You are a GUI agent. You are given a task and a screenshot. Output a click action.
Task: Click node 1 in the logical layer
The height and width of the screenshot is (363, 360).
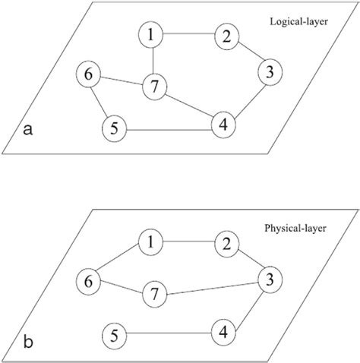153,35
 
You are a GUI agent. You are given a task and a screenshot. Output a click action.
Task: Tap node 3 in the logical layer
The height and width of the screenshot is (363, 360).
268,74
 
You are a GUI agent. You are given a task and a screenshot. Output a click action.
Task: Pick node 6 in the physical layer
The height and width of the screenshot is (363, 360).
90,282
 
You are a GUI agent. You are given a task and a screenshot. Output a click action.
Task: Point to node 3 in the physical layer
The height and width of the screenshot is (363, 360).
268,280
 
